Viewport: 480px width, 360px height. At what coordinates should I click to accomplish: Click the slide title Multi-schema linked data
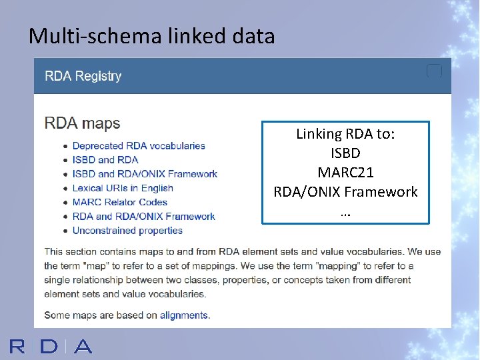151,36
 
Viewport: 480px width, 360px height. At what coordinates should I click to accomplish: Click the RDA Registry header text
83,76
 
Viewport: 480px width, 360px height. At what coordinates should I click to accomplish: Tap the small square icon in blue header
434,71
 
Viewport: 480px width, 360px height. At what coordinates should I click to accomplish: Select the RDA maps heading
82,123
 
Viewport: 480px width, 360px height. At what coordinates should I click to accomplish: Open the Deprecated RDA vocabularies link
139,146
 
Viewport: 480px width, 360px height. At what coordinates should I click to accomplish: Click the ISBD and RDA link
105,160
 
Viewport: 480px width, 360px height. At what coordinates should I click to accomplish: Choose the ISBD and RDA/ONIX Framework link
145,174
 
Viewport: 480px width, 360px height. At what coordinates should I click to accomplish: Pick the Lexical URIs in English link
123,188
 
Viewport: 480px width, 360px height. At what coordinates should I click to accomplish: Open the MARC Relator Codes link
119,202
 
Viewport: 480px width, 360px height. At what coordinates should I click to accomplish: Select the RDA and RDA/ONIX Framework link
143,216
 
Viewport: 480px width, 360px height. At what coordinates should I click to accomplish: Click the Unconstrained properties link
127,231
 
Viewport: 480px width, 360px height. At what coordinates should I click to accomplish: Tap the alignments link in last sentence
184,315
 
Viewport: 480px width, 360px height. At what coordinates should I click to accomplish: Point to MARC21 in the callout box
345,173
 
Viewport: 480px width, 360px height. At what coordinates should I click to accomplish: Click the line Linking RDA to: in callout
345,134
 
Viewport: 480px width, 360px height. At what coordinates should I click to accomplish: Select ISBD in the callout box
345,153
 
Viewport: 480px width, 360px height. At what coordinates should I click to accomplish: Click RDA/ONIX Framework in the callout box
345,192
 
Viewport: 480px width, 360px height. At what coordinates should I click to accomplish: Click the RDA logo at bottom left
51,346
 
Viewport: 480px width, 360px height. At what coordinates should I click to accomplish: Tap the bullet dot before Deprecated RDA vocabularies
65,146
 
